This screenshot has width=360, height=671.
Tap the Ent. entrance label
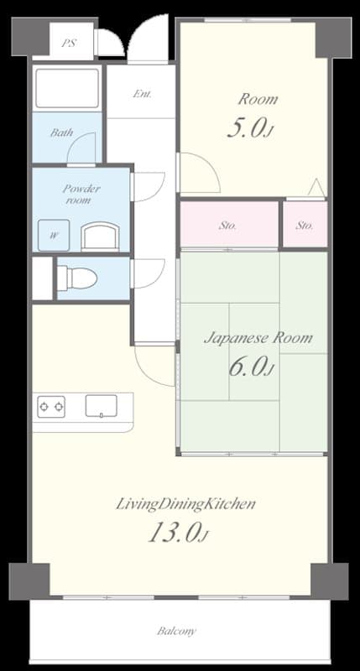(x=142, y=94)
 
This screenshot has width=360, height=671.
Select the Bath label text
(x=61, y=133)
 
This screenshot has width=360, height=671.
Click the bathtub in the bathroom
(x=67, y=88)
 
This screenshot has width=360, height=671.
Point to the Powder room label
(x=81, y=195)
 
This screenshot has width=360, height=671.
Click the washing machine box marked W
(x=54, y=234)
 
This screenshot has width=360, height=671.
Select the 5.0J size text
(x=250, y=127)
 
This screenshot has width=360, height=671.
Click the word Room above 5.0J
(x=257, y=100)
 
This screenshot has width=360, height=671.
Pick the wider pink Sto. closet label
(x=227, y=226)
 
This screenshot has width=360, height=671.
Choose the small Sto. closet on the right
(x=305, y=226)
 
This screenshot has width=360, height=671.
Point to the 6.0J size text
(x=250, y=367)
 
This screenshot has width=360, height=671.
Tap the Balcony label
(x=176, y=631)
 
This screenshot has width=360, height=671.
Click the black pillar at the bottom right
(x=329, y=580)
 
